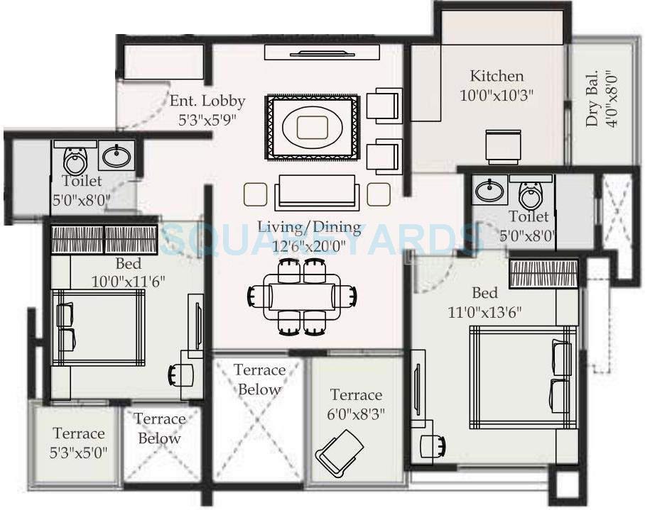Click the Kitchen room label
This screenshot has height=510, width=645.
point(497,76)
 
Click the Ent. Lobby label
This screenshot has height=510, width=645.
point(207,101)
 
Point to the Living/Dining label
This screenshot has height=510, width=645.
point(309,228)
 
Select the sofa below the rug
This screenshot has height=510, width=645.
point(310,191)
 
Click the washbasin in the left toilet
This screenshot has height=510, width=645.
point(115,155)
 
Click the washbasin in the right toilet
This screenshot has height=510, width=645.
point(489,190)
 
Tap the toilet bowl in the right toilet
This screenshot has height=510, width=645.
point(531,193)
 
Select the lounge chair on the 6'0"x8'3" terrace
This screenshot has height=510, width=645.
point(339,452)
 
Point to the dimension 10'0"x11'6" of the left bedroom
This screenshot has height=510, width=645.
point(128,280)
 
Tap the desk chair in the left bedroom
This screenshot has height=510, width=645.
point(178,374)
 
